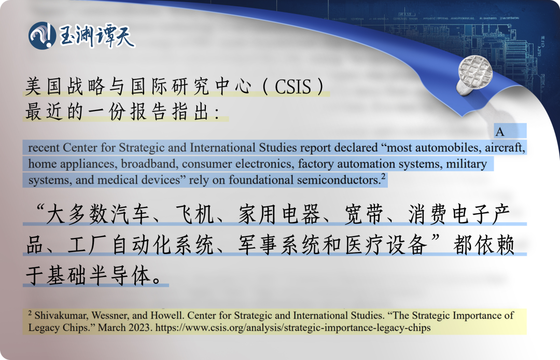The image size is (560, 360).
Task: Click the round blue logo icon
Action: (x=42, y=36)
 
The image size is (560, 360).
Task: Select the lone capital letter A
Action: (x=500, y=132)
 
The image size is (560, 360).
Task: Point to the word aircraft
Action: (x=506, y=148)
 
